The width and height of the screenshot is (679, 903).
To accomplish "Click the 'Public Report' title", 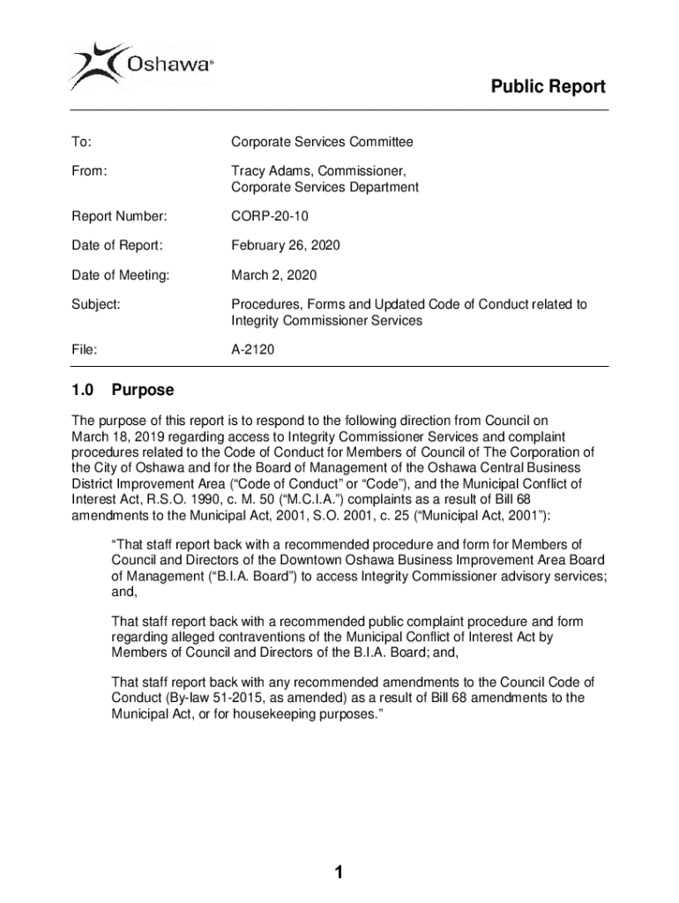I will click(x=548, y=86).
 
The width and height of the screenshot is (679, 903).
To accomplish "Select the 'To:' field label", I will click(x=81, y=142).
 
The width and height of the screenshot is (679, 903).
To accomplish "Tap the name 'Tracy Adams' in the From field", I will click(x=268, y=170).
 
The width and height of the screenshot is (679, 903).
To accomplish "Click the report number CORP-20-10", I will click(x=271, y=216).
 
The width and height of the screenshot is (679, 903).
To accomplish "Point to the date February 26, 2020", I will click(x=285, y=245).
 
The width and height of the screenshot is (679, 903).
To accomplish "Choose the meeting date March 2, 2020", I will click(x=273, y=275).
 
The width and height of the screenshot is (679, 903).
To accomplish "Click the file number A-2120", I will click(x=253, y=350).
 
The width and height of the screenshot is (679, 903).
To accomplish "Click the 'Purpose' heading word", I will click(x=143, y=390).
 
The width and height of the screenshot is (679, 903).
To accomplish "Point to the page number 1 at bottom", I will click(x=339, y=873).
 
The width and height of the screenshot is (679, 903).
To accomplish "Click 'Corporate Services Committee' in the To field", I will click(x=322, y=142).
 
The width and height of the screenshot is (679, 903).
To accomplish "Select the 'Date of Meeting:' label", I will click(x=120, y=275).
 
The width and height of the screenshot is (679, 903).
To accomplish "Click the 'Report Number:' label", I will click(x=119, y=216).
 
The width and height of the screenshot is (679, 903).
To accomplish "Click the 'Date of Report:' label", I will click(x=116, y=245).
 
